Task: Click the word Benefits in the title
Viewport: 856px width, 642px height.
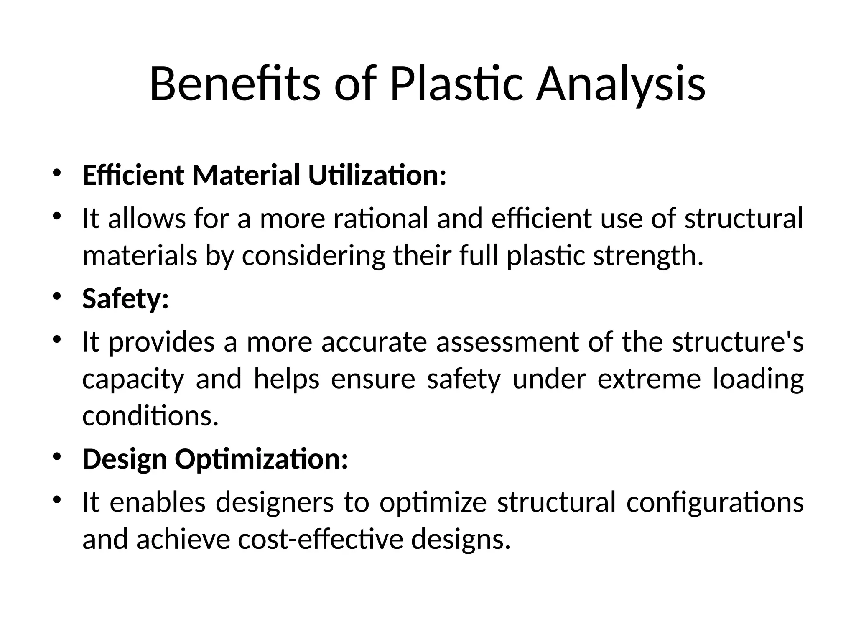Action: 234,84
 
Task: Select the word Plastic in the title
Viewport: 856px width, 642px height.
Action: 456,84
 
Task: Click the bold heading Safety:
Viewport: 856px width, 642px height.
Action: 125,299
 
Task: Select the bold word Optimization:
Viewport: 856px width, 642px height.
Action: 261,459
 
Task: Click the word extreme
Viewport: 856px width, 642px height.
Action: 649,379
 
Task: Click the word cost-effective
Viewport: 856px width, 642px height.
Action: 321,539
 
